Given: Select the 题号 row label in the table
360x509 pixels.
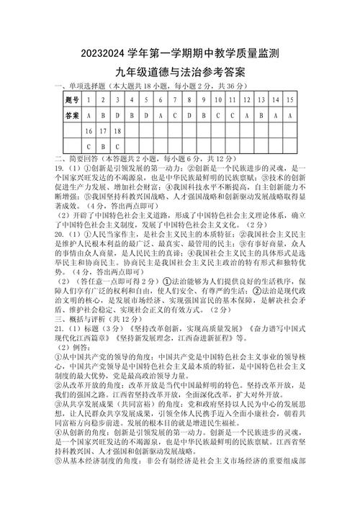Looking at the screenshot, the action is tap(71, 99).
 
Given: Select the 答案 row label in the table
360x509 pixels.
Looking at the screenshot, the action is tap(71, 115).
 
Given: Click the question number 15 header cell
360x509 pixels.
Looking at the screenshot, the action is tap(289, 99).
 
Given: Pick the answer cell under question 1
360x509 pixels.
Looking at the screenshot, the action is tap(88, 115).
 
